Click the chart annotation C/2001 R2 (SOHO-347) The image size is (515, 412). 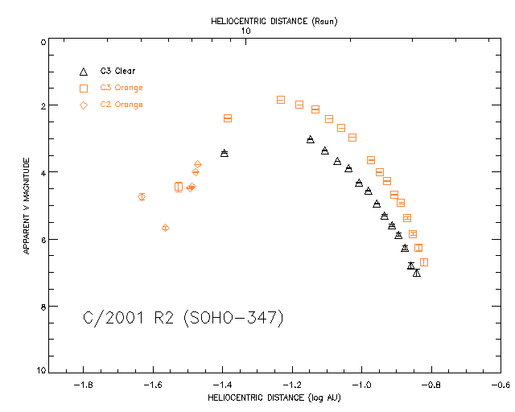pyautogui.click(x=183, y=319)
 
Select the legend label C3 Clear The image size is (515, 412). pyautogui.click(x=118, y=71)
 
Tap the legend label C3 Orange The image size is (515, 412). pyautogui.click(x=122, y=88)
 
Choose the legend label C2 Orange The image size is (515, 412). pyautogui.click(x=122, y=105)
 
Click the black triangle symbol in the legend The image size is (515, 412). pyautogui.click(x=84, y=71)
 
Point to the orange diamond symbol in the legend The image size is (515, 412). pyautogui.click(x=84, y=105)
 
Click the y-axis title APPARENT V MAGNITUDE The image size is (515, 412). pyautogui.click(x=27, y=206)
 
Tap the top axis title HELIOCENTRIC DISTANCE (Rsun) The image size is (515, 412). pyautogui.click(x=272, y=21)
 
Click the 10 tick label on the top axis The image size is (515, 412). pyautogui.click(x=246, y=31)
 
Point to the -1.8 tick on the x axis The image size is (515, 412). pyautogui.click(x=83, y=385)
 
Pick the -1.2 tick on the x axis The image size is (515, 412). pyautogui.click(x=292, y=385)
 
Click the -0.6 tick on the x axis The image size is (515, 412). pyautogui.click(x=501, y=385)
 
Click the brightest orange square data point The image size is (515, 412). pyautogui.click(x=281, y=100)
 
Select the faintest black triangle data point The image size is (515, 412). pyautogui.click(x=417, y=274)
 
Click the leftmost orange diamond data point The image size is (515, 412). pyautogui.click(x=142, y=196)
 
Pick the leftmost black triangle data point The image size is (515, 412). pyautogui.click(x=224, y=153)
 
